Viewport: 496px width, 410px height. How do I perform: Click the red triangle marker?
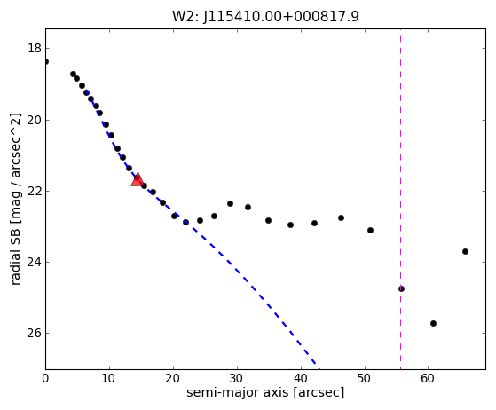138,179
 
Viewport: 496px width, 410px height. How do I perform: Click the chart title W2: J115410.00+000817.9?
265,16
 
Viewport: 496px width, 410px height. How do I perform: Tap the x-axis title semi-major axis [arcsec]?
265,392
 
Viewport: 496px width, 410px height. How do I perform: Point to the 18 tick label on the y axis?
35,49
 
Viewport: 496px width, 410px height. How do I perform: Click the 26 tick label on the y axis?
35,333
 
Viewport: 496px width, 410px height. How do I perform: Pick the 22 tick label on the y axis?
35,191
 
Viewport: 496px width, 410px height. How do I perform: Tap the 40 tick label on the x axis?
301,378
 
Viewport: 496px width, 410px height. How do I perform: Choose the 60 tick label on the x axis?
428,378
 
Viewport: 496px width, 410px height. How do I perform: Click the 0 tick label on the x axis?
45,378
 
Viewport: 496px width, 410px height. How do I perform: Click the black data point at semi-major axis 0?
45,61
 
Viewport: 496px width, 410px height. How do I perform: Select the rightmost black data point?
465,251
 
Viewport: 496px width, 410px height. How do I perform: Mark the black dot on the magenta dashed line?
401,288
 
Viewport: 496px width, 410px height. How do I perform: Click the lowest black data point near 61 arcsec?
433,323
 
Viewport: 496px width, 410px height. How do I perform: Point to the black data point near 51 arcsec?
370,231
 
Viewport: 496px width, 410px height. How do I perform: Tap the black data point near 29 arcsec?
231,204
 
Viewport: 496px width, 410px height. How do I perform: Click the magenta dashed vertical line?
400,200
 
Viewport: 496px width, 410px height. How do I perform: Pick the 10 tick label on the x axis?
109,378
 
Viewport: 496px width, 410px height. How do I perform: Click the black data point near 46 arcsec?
341,218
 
